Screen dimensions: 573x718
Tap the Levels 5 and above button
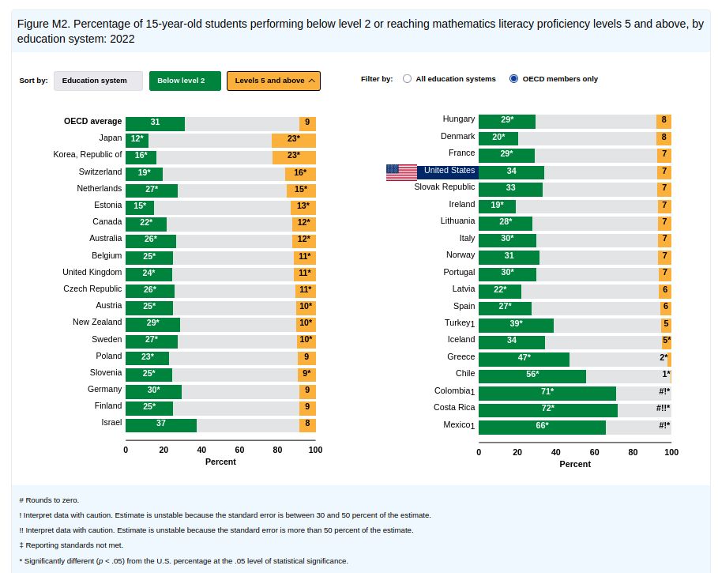coord(273,81)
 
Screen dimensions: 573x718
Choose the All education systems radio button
coord(408,79)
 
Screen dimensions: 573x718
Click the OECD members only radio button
coord(514,79)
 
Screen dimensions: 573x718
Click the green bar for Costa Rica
coord(548,409)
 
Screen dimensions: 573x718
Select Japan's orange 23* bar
coord(294,139)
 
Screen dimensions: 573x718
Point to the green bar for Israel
coord(161,424)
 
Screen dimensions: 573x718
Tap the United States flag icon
coord(401,172)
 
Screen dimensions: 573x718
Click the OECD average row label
coord(93,122)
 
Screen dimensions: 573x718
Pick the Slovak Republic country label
coord(445,187)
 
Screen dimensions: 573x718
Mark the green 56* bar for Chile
coord(532,375)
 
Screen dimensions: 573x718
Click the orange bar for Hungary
coord(663,120)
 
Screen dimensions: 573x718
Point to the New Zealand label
coord(97,322)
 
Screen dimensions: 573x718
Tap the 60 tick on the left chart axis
coord(239,450)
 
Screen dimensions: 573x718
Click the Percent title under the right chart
coord(575,464)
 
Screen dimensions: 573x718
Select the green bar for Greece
coord(524,358)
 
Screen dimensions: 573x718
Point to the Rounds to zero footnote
coord(49,499)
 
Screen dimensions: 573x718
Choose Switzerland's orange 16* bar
coord(300,172)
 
